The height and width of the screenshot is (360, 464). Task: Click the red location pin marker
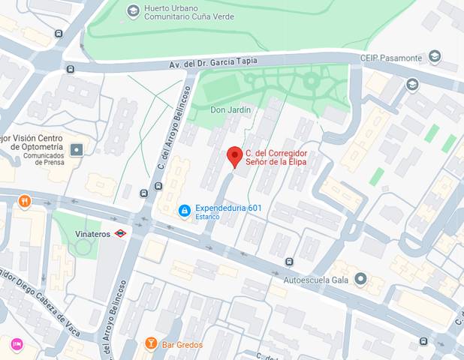234,157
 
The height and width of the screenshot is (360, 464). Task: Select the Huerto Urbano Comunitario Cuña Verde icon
133,10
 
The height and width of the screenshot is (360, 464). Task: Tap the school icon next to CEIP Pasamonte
434,57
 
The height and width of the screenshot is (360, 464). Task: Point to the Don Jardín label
230,109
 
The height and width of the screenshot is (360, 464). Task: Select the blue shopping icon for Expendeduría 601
183,211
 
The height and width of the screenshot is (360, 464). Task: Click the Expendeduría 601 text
227,208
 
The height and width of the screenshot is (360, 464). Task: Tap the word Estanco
207,217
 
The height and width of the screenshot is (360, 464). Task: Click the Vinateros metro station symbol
120,234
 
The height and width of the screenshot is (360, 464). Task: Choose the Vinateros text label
93,234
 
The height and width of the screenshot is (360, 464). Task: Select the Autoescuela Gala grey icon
360,280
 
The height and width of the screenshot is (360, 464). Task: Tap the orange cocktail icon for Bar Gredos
150,343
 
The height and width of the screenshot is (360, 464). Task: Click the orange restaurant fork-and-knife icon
25,200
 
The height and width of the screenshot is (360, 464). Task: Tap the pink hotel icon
16,344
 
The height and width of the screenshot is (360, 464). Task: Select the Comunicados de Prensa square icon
77,151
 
